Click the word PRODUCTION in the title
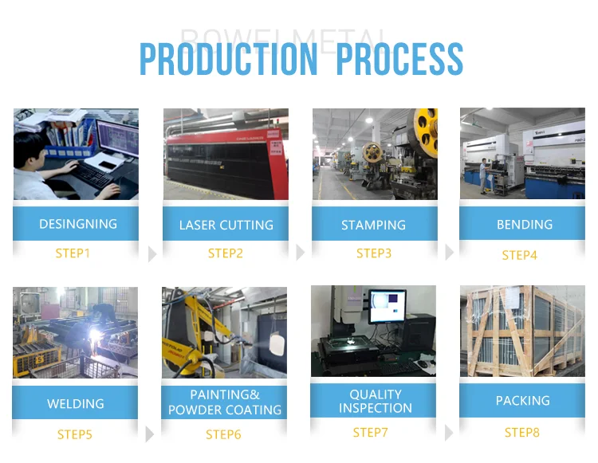point(228,60)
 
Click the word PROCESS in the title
point(399,60)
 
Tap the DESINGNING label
point(78,224)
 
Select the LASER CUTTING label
point(226,226)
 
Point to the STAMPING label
point(373,226)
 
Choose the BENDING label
point(524,225)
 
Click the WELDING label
point(76,403)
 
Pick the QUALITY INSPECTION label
point(375,401)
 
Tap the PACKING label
point(523,401)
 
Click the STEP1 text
point(73,253)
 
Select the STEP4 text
point(520,255)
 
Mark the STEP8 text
point(522,433)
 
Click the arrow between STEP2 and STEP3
point(300,253)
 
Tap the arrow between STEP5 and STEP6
point(150,434)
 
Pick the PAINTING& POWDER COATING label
point(225,402)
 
